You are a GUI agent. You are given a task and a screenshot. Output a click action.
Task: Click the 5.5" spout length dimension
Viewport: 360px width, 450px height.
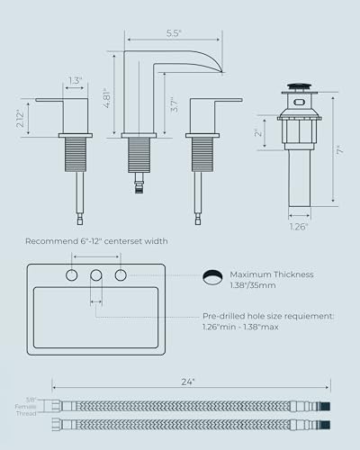pyautogui.click(x=174, y=33)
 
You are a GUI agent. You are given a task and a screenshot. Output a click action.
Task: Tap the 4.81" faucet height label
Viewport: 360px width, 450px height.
pyautogui.click(x=107, y=98)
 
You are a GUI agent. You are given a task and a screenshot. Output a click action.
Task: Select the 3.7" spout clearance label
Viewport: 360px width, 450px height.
pyautogui.click(x=174, y=104)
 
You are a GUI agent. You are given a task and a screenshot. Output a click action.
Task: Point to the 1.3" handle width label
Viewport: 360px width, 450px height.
pyautogui.click(x=75, y=80)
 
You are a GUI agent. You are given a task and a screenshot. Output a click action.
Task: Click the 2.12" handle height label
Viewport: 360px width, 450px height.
pyautogui.click(x=20, y=119)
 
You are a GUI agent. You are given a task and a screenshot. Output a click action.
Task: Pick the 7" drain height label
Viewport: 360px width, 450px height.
pyautogui.click(x=340, y=150)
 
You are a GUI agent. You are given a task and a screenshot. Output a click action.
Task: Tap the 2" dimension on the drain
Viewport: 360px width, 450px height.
pyautogui.click(x=258, y=133)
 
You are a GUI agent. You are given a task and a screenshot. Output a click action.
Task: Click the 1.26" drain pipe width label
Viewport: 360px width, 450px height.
pyautogui.click(x=299, y=227)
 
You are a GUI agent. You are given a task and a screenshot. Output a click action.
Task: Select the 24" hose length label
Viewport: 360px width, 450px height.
pyautogui.click(x=188, y=382)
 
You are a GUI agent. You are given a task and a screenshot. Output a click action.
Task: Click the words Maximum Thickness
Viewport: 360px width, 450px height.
pyautogui.click(x=272, y=274)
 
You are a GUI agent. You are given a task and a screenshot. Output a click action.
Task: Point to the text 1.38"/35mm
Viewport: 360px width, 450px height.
pyautogui.click(x=253, y=285)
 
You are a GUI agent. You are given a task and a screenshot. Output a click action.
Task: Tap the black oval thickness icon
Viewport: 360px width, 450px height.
pyautogui.click(x=212, y=276)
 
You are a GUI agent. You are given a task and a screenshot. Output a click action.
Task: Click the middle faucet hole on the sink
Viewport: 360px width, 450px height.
pyautogui.click(x=96, y=275)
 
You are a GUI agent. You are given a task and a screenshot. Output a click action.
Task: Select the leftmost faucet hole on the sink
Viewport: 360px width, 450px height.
pyautogui.click(x=72, y=275)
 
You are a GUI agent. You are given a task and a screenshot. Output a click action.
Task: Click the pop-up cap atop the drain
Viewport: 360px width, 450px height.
pyautogui.click(x=299, y=86)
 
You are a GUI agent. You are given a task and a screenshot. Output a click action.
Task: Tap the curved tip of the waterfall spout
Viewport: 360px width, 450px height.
pyautogui.click(x=221, y=71)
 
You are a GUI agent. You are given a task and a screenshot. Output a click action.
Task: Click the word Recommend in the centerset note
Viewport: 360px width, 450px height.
pyautogui.click(x=51, y=241)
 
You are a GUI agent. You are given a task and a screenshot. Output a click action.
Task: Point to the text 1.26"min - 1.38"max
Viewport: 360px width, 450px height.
pyautogui.click(x=240, y=327)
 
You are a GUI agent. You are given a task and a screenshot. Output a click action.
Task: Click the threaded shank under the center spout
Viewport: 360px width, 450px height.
pyautogui.click(x=139, y=156)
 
